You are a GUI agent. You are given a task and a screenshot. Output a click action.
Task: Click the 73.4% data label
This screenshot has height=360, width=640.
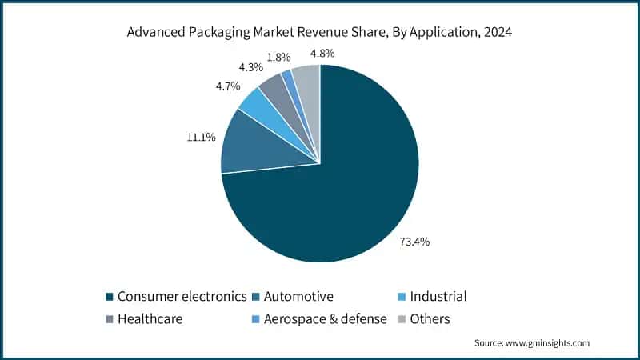click(x=415, y=242)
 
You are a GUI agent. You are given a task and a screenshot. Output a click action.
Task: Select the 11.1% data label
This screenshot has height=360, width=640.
click(x=201, y=138)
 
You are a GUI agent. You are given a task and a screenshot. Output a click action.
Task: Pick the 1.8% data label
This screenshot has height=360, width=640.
click(x=278, y=58)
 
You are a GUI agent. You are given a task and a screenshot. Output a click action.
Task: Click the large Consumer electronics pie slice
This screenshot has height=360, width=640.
click(x=344, y=184)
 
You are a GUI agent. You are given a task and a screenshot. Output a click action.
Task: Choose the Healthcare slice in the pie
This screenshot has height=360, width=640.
click(x=273, y=86)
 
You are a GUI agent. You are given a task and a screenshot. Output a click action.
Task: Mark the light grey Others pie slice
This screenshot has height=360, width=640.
click(x=307, y=80)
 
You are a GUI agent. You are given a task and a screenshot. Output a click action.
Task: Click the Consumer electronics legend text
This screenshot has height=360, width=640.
click(x=182, y=296)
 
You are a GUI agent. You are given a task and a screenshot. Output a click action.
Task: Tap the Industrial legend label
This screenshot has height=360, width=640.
click(x=438, y=296)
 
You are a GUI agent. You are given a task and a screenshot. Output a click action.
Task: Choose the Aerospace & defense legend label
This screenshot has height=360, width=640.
click(x=326, y=319)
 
